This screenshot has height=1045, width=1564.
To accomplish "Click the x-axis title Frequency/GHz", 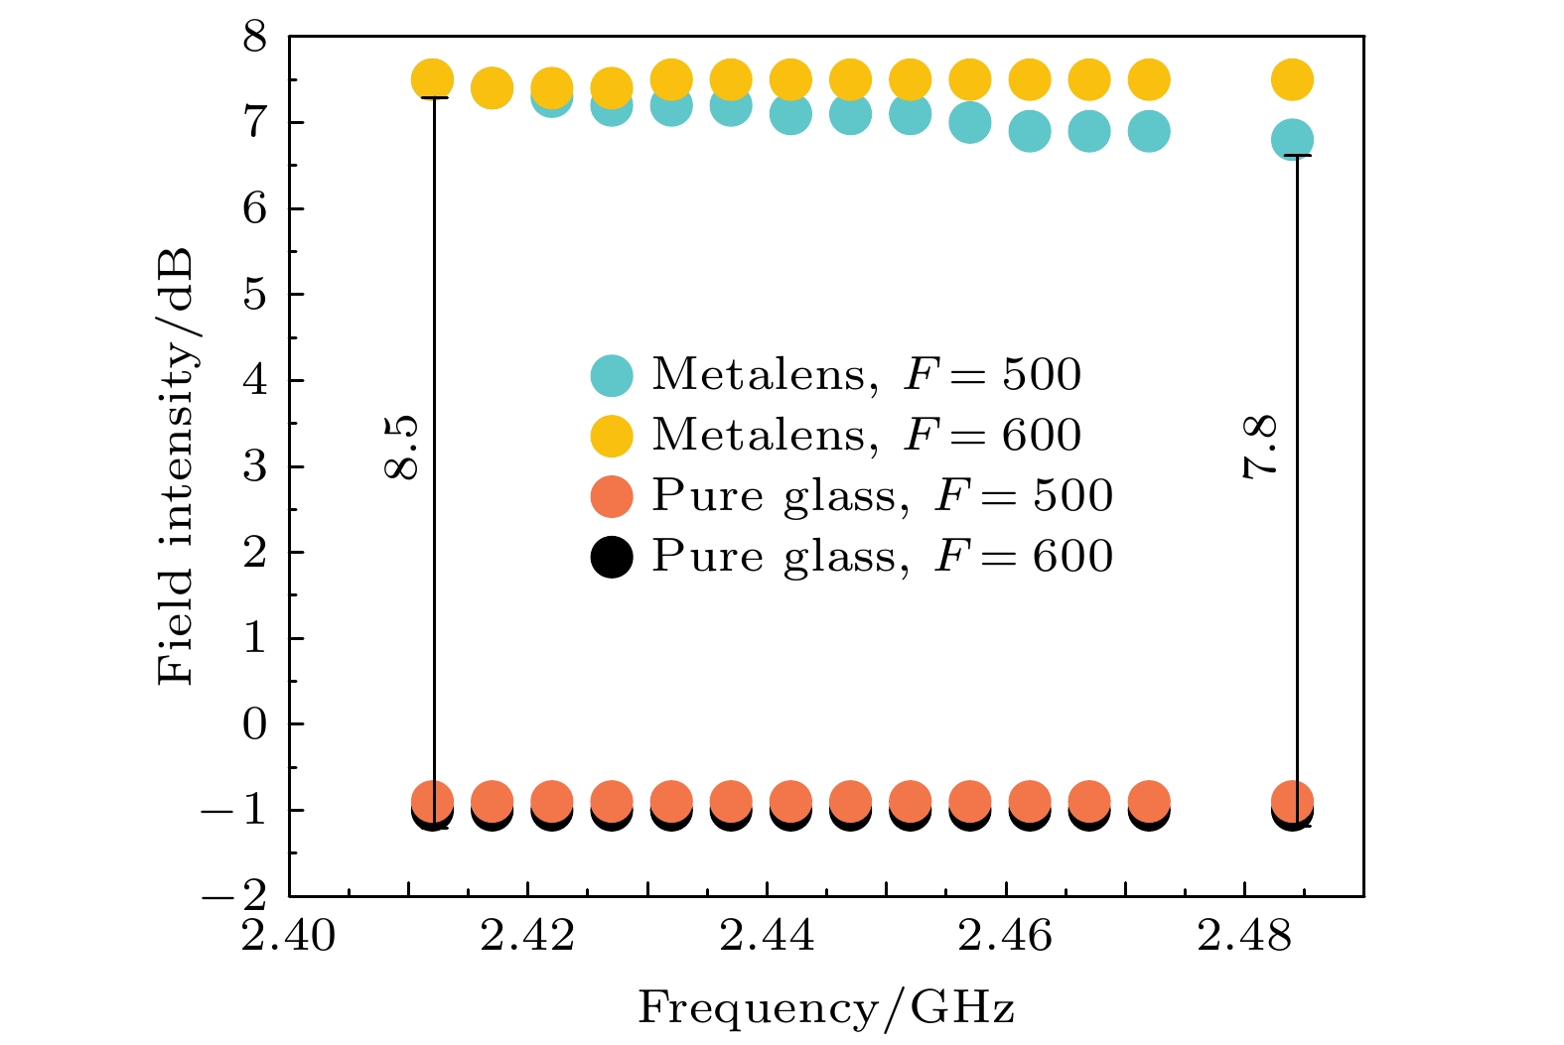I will (x=826, y=1008).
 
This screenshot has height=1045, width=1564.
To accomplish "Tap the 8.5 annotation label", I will (x=403, y=448).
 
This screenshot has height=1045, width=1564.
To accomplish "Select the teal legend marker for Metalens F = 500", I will (x=612, y=375).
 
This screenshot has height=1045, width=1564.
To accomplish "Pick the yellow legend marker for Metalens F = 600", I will (x=612, y=436).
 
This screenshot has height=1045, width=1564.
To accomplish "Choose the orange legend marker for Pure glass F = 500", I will (x=612, y=496).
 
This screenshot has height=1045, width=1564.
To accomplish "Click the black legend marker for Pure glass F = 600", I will (x=612, y=557).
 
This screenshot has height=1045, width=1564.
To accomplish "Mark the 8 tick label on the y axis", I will (x=255, y=38).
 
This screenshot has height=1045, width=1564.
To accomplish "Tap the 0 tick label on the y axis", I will (x=255, y=724).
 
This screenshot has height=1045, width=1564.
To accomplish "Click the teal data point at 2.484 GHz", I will (x=1292, y=140).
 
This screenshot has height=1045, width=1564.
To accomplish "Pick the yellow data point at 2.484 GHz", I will (x=1292, y=79).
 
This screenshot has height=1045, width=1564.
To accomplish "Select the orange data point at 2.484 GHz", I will (x=1292, y=800).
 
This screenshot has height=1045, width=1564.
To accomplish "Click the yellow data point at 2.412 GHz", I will (x=432, y=79).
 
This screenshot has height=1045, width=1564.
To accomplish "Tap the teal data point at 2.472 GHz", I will (x=1149, y=131).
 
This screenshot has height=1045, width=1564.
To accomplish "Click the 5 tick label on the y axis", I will (x=255, y=295).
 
